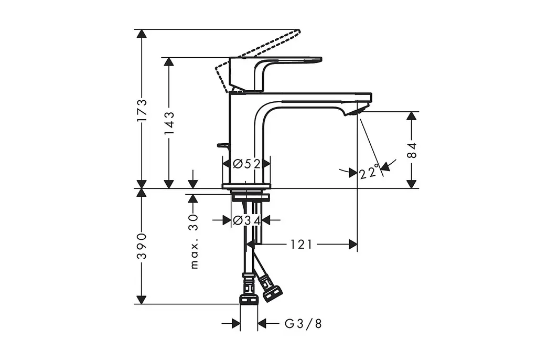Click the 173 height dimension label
pyautogui.click(x=142, y=110)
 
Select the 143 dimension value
pyautogui.click(x=169, y=123)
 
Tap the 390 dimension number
pyautogui.click(x=142, y=246)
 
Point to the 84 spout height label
pyautogui.click(x=412, y=150)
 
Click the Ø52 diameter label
pyautogui.click(x=246, y=164)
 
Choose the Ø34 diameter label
pyautogui.click(x=246, y=220)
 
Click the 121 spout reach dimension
pyautogui.click(x=302, y=245)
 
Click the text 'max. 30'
pyautogui.click(x=194, y=241)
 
